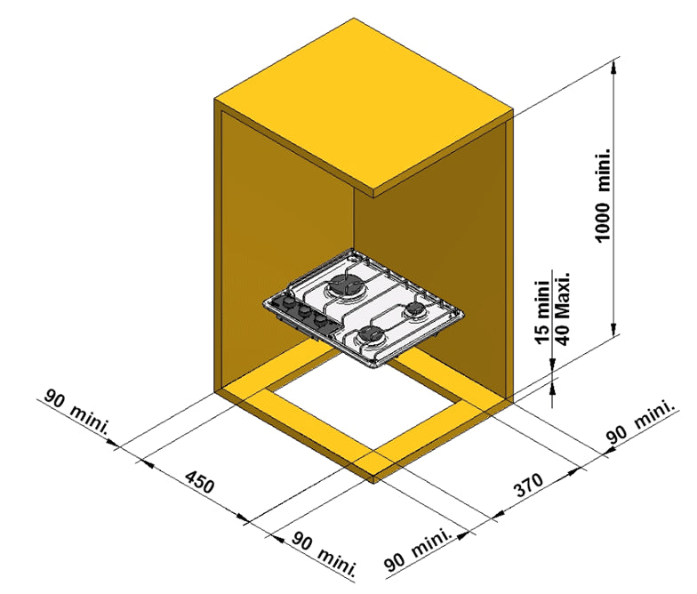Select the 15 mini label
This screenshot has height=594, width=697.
click(x=542, y=311)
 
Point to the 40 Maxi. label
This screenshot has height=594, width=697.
click(x=562, y=309)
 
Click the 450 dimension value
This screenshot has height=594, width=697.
click(x=199, y=482)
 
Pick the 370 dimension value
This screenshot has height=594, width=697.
click(x=528, y=485)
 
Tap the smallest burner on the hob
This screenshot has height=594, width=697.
click(x=414, y=309)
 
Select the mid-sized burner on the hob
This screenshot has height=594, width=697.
click(x=372, y=333)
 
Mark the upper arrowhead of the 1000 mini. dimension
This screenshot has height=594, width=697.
click(x=613, y=66)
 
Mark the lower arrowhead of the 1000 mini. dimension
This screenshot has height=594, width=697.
click(x=613, y=329)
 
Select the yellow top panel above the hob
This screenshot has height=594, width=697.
click(x=364, y=108)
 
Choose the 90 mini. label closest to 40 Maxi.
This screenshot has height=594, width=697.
click(x=640, y=421)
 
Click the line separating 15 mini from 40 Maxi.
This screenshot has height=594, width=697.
click(x=552, y=308)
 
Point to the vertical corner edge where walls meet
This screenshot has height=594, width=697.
click(x=354, y=219)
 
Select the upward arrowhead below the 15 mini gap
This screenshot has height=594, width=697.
click(x=553, y=388)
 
